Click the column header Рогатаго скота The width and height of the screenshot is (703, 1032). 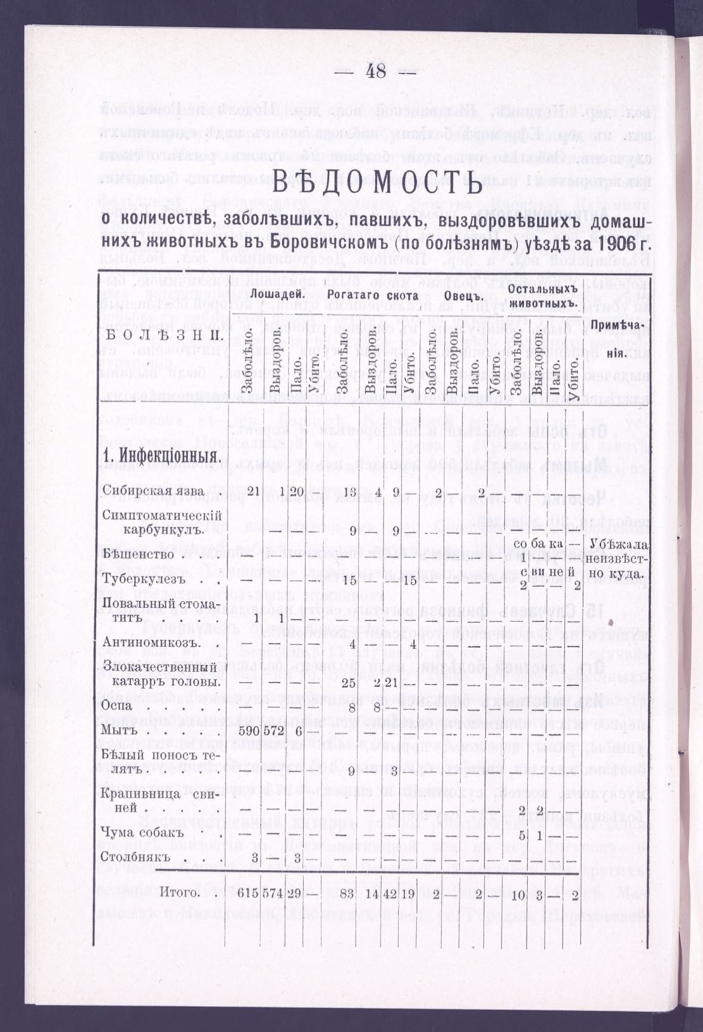tap(373, 295)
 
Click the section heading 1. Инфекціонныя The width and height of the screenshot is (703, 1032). tap(162, 457)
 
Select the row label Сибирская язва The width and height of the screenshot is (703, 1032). tap(153, 491)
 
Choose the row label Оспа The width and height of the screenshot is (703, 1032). tap(117, 705)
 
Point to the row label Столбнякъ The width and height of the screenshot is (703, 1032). tap(137, 857)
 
